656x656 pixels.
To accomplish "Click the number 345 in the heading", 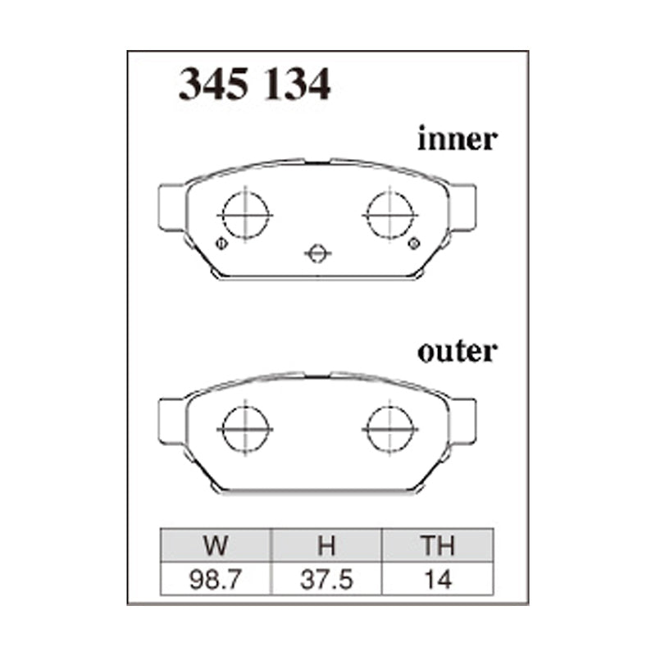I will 214,85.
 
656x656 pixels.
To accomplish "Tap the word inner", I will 457,139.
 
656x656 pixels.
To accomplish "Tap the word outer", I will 457,352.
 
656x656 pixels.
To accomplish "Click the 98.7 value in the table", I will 216,580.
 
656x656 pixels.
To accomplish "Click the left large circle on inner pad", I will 245,215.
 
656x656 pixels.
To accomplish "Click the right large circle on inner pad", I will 390,215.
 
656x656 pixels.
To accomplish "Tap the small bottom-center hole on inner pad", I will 317,253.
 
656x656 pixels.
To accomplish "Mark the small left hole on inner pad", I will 220,243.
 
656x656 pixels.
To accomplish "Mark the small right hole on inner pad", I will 414,243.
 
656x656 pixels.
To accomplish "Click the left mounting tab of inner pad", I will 171,207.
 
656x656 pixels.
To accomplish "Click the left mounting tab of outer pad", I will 171,421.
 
